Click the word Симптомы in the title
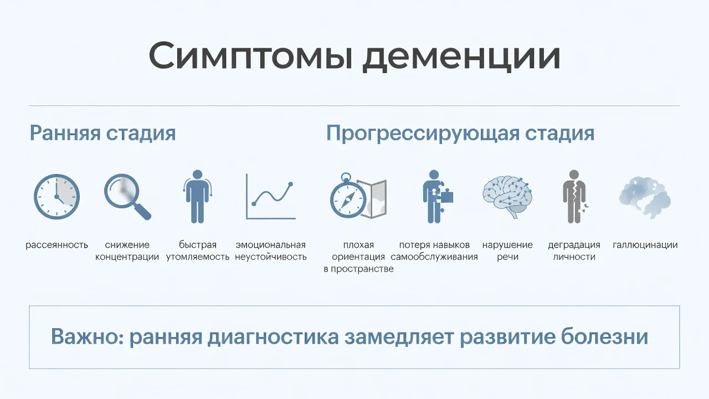[x=250, y=56]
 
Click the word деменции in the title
[x=461, y=57]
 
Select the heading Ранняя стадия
[x=102, y=134]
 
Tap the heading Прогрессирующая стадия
[x=460, y=134]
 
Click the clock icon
[x=56, y=197]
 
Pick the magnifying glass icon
[x=127, y=197]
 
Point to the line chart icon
[x=271, y=196]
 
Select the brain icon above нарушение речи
[x=507, y=197]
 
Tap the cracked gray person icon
[x=574, y=197]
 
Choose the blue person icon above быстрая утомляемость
[x=198, y=197]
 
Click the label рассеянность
[x=56, y=245]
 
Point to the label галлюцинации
[x=645, y=245]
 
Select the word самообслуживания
[x=434, y=257]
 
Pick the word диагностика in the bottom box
[x=273, y=337]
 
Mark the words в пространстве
[x=358, y=269]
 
